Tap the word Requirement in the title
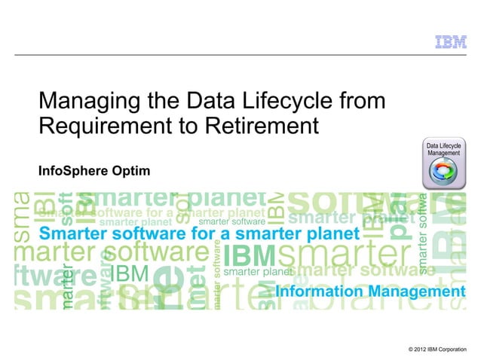[x=99, y=124]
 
